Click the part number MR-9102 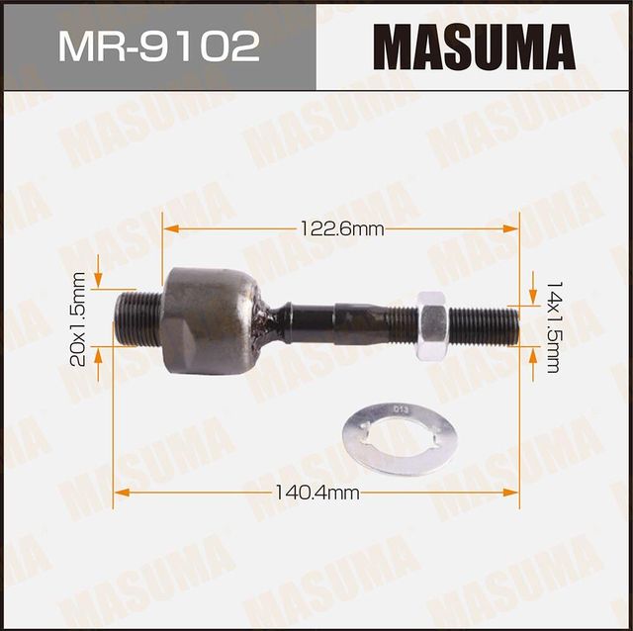(158, 46)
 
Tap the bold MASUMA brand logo (474, 45)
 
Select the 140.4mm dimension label (316, 492)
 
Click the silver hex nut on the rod (430, 325)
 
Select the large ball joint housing (210, 319)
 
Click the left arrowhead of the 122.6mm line (170, 228)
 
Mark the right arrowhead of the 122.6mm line (512, 228)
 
